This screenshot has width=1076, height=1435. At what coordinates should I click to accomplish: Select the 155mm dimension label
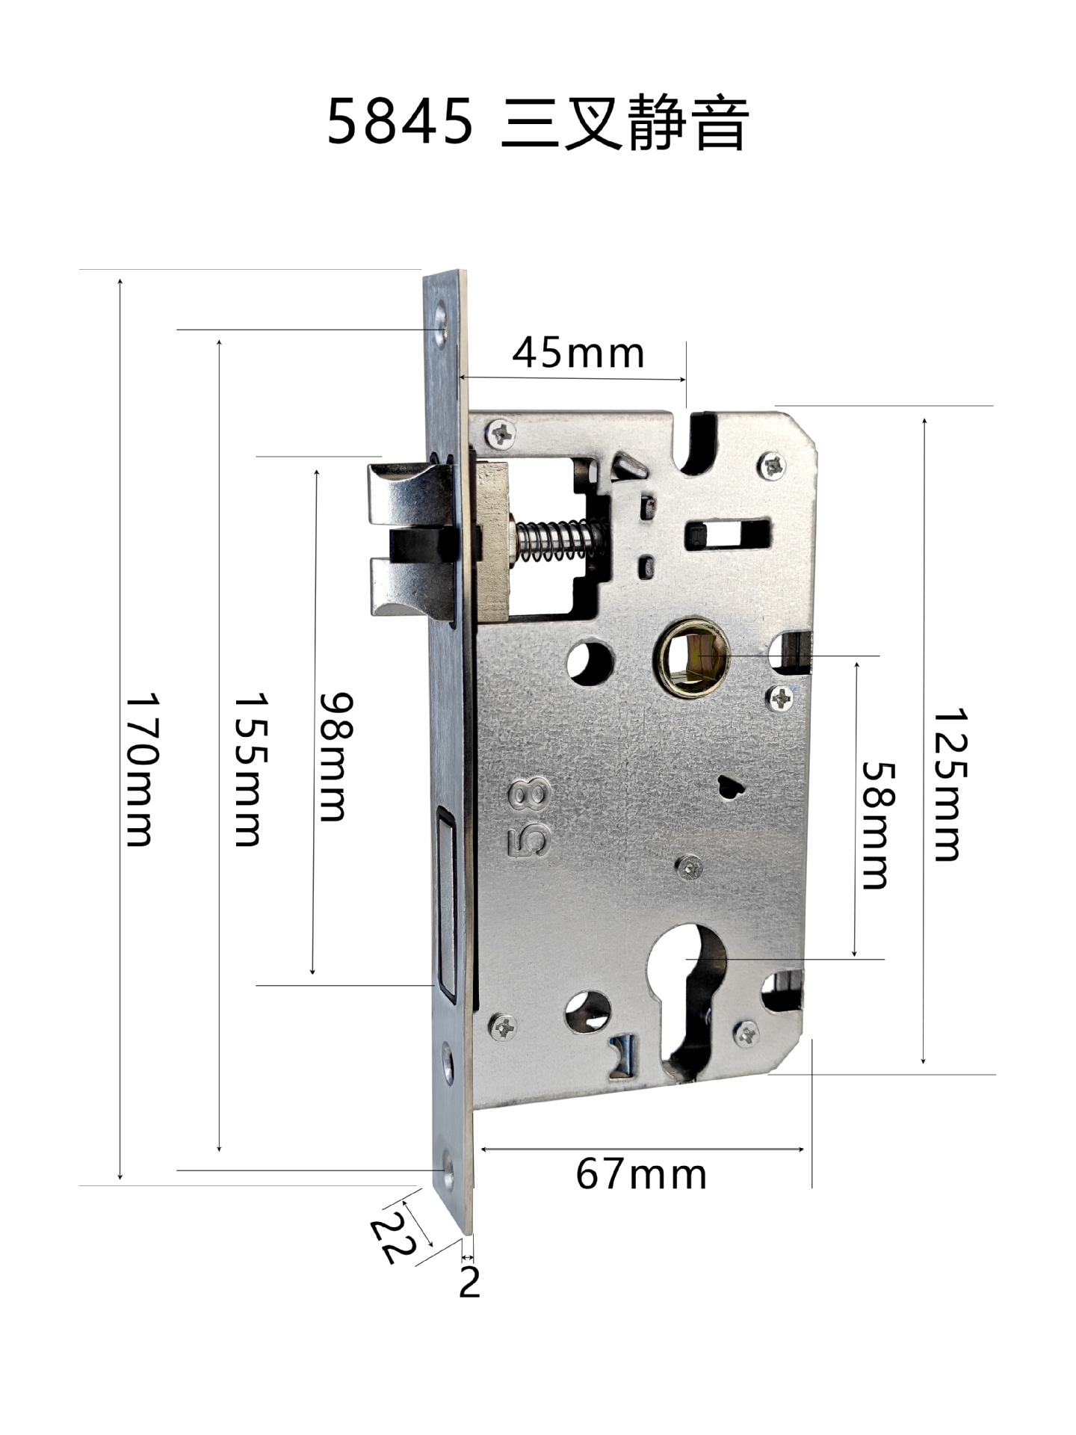250,771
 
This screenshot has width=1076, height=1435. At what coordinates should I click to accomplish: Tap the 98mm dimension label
334,757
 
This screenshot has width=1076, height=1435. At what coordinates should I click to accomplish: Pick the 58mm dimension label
878,825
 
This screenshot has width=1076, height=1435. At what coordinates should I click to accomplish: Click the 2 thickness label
469,1282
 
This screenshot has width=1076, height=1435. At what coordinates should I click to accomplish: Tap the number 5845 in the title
401,122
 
